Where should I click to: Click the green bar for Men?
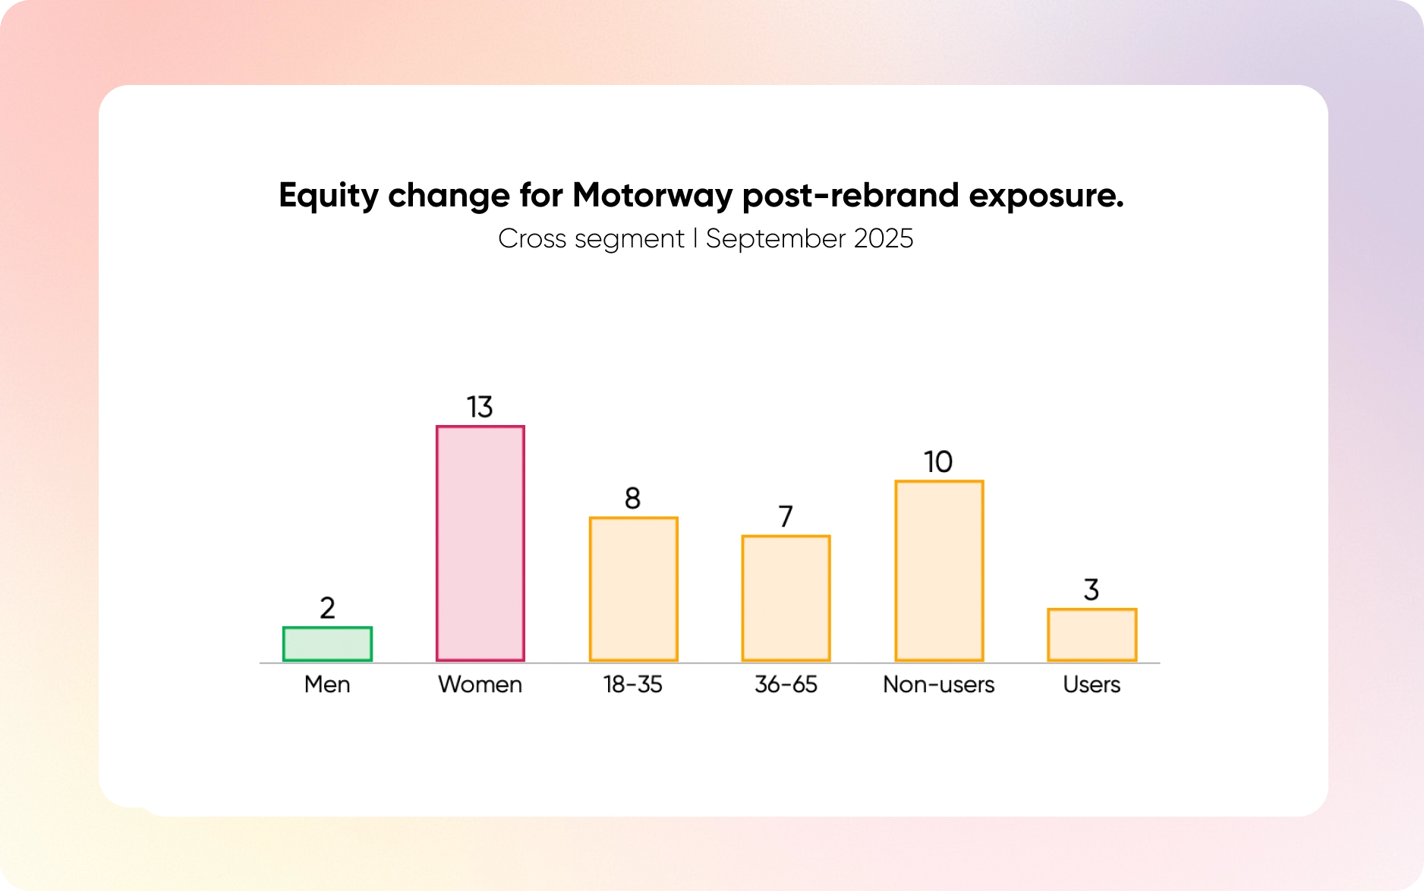click(x=327, y=644)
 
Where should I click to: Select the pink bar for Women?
click(x=480, y=543)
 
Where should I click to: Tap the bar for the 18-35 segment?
click(x=634, y=589)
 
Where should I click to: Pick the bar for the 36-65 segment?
click(x=786, y=598)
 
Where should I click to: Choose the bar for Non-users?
click(x=940, y=571)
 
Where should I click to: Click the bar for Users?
click(x=1092, y=634)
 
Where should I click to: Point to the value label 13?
click(x=480, y=408)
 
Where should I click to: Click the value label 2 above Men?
click(x=327, y=608)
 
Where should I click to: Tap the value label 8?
click(x=633, y=499)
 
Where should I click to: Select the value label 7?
click(x=786, y=517)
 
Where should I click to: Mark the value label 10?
click(x=939, y=462)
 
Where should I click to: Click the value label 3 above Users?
click(x=1092, y=590)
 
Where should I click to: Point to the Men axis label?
click(x=327, y=685)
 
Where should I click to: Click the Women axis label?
click(x=480, y=685)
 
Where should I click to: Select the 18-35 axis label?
click(x=633, y=685)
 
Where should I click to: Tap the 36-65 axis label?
click(x=786, y=685)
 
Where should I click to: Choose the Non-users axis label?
click(x=939, y=685)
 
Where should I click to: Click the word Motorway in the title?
click(x=653, y=196)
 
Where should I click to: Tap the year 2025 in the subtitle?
click(x=884, y=239)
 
